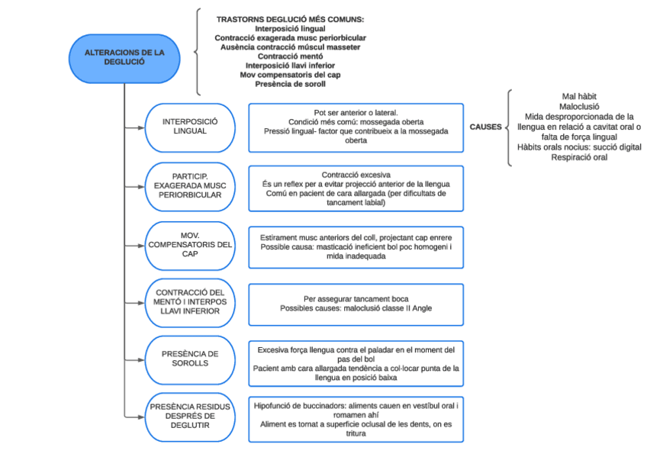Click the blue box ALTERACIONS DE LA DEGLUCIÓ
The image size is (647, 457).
click(x=124, y=57)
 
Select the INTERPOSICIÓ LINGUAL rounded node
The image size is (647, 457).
click(x=190, y=127)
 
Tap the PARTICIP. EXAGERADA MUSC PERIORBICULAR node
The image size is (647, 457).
click(x=190, y=185)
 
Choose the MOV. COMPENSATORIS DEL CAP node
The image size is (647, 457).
click(x=190, y=244)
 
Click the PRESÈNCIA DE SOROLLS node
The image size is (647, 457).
click(x=190, y=358)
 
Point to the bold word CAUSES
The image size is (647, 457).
click(x=484, y=127)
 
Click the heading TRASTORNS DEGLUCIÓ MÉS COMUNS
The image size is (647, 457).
click(x=290, y=18)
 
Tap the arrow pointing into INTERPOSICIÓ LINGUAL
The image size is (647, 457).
click(x=140, y=127)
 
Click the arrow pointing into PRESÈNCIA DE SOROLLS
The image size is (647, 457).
click(x=140, y=358)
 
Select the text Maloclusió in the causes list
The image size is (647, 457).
click(x=579, y=107)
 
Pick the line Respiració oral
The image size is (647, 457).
click(x=579, y=158)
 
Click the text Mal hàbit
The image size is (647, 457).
click(x=579, y=96)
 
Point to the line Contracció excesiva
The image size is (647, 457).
click(x=356, y=174)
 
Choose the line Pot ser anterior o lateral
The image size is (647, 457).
click(x=356, y=111)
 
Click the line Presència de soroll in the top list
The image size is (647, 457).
click(x=290, y=85)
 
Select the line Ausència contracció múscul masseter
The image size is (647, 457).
click(x=290, y=47)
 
